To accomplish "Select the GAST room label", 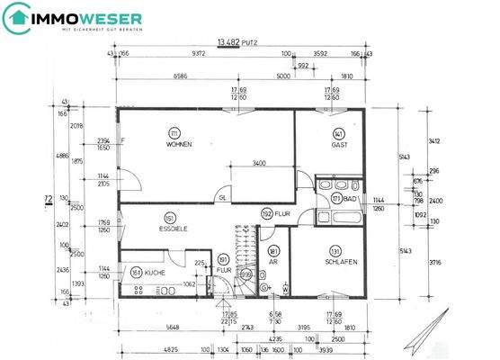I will (339, 145).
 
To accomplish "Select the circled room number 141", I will (339, 133).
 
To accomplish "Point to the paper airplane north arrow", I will (424, 335).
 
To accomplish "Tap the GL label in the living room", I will (222, 198).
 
